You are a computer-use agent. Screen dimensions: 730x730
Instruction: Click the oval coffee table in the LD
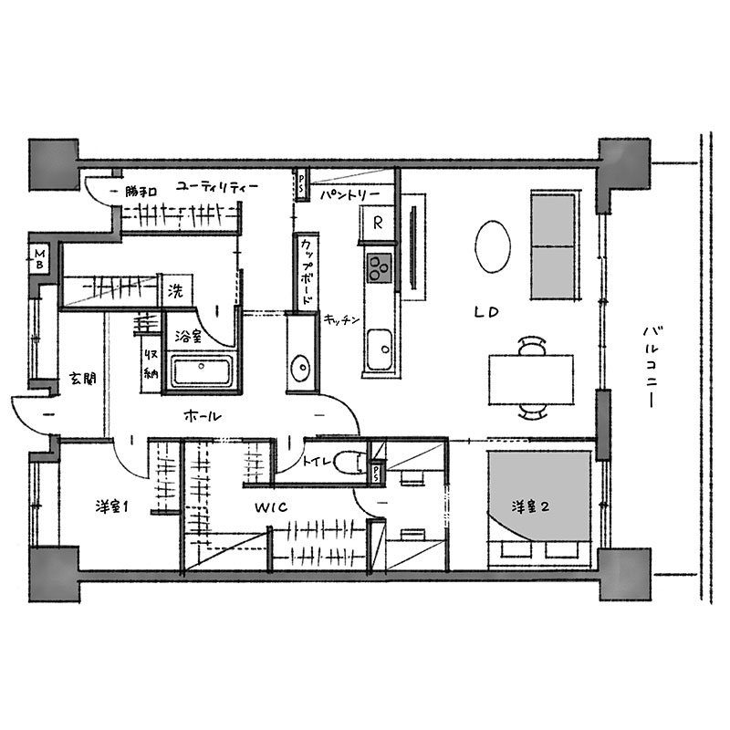(x=493, y=245)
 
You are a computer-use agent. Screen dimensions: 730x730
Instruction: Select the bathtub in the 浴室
(x=202, y=370)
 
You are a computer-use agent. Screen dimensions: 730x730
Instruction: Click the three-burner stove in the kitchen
(x=380, y=267)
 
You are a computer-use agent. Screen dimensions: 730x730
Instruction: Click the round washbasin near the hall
(x=300, y=369)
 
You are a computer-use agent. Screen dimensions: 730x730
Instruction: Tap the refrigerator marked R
(x=377, y=224)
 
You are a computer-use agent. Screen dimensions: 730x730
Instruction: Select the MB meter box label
(x=40, y=259)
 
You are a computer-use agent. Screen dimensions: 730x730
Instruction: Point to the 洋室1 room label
(x=111, y=506)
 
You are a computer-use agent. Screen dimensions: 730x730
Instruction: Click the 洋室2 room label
(x=530, y=506)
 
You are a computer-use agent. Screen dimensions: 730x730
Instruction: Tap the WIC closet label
(x=271, y=507)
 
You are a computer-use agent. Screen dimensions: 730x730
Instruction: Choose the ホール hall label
(x=202, y=416)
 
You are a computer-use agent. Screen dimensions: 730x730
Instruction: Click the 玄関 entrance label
(x=82, y=378)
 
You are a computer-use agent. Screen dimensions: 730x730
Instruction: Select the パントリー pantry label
(x=350, y=194)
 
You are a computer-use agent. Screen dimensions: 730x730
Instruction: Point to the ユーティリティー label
(x=217, y=188)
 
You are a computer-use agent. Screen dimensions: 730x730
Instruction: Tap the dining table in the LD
(x=531, y=380)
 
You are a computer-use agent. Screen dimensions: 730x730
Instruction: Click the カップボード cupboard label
(x=306, y=272)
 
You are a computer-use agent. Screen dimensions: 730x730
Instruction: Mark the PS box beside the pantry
(x=301, y=185)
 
